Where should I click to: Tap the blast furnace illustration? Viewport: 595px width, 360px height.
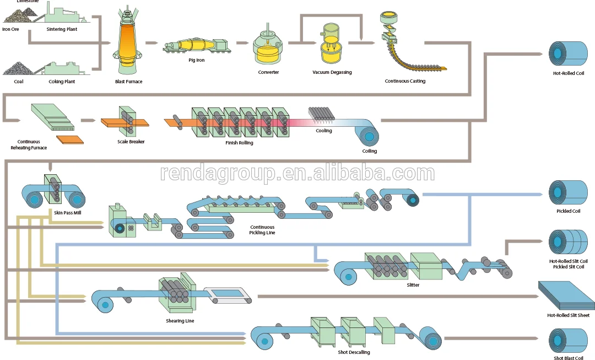(x=128, y=41)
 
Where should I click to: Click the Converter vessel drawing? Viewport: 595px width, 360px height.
(x=268, y=47)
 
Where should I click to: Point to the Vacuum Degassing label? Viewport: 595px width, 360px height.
(x=332, y=72)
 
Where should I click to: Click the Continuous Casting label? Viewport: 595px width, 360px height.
(x=405, y=81)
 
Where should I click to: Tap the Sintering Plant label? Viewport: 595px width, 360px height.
(x=62, y=29)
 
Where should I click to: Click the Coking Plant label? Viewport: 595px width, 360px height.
(x=62, y=82)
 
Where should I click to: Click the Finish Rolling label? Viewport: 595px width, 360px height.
(x=239, y=142)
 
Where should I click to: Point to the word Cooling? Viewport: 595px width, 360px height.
(x=324, y=131)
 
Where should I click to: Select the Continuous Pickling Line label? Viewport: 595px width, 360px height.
(x=262, y=230)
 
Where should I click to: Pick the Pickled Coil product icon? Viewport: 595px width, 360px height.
(x=568, y=192)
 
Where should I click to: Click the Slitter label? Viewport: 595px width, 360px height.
(x=413, y=285)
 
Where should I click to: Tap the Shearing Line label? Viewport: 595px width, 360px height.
(x=180, y=321)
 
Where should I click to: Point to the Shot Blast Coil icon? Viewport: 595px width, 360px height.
(x=568, y=340)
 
